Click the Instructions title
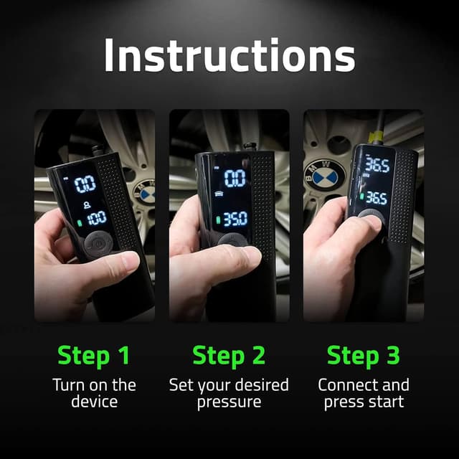coord(229,55)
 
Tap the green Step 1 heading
coord(94,355)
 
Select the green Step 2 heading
coord(229,355)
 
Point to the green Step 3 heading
coord(364,355)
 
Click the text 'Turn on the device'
coord(94,393)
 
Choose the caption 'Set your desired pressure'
coord(229,393)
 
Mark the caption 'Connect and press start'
coord(364,393)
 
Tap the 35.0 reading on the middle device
coord(235,218)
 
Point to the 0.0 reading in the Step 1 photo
coord(85,184)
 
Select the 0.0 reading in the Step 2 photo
coord(235,178)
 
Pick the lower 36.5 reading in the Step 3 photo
coord(377,197)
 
